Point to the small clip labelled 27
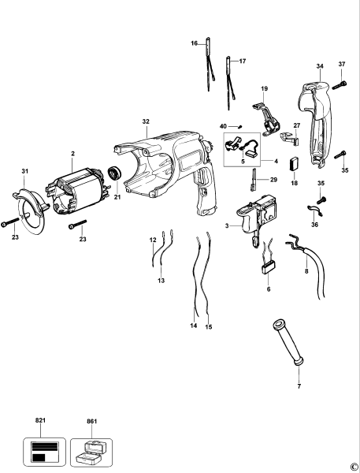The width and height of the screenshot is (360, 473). pos(289,138)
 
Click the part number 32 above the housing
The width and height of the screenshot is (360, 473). pos(146,121)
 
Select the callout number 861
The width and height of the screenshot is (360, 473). pos(92,422)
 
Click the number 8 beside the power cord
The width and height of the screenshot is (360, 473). pos(305,270)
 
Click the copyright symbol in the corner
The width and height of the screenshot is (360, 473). pos(353,466)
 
